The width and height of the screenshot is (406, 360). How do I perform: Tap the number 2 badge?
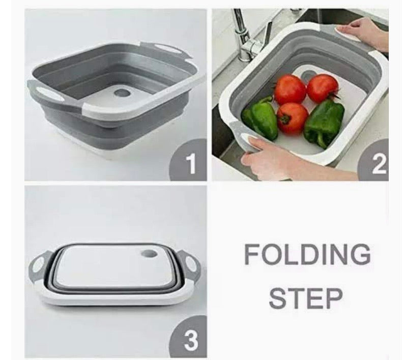(x=378, y=164)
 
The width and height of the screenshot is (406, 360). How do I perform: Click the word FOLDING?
(x=307, y=254)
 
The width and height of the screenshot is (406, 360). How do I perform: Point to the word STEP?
(x=306, y=298)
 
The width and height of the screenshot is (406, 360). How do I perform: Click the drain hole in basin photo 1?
(x=122, y=94)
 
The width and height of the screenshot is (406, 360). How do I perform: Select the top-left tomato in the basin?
(x=290, y=89)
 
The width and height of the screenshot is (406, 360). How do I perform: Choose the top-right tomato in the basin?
(x=322, y=87)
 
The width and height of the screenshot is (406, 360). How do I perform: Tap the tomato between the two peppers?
(x=292, y=118)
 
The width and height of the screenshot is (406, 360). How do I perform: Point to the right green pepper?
(x=325, y=122)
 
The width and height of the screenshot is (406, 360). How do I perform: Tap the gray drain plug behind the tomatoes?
(x=307, y=76)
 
